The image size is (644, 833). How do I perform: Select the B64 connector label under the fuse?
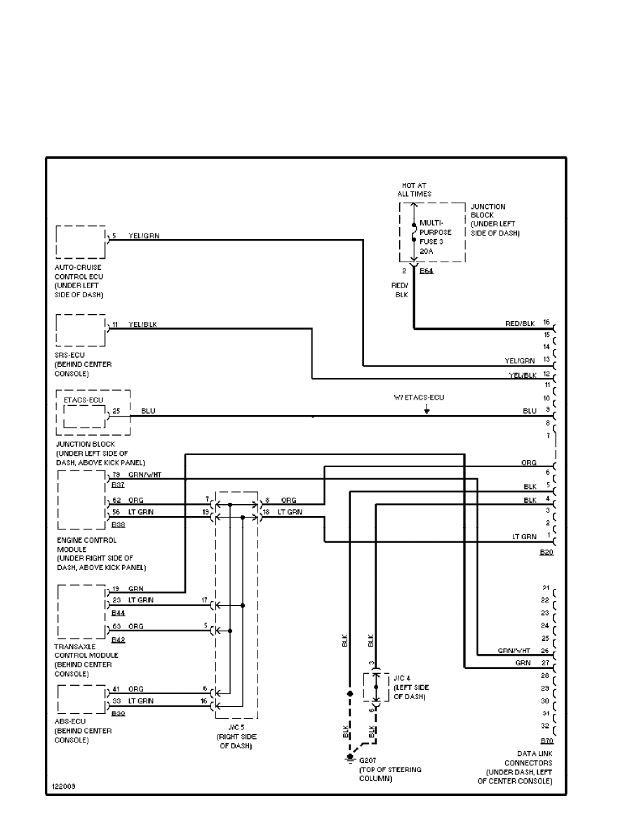tap(426, 270)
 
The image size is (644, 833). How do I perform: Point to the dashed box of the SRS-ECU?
tap(80, 331)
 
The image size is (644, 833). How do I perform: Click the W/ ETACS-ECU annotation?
tap(419, 398)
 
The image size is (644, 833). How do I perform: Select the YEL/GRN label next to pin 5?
tap(144, 236)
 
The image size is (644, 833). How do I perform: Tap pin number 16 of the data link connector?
tap(546, 322)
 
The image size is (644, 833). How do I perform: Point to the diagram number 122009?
tap(63, 787)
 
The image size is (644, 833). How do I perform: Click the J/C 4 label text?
tap(401, 678)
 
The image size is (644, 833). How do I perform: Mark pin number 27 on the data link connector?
tap(545, 663)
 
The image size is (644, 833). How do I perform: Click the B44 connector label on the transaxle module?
tap(117, 613)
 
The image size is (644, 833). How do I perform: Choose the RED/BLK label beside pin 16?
tap(520, 323)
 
